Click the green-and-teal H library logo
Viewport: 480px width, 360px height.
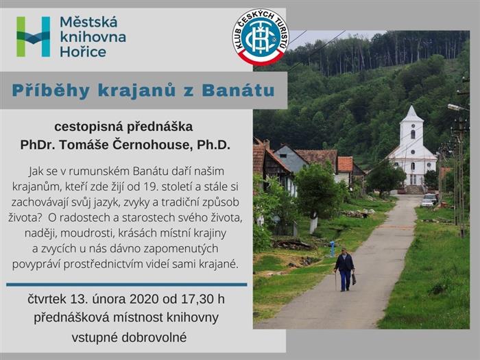click(34, 37)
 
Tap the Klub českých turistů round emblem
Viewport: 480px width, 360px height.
click(261, 37)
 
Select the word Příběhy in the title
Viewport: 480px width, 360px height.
click(51, 91)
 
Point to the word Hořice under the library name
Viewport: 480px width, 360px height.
click(83, 51)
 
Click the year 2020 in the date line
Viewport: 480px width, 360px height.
click(144, 299)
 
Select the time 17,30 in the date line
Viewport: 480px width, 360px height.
click(197, 299)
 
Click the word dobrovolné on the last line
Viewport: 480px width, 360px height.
click(154, 337)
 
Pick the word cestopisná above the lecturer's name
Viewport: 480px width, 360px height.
click(88, 127)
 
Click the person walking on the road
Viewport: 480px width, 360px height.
click(345, 269)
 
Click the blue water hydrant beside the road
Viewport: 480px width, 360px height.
click(332, 249)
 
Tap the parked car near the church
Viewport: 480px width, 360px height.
click(429, 202)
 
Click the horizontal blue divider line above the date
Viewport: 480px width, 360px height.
click(126, 285)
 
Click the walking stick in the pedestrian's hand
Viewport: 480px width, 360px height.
click(336, 280)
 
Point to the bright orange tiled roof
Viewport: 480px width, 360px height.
click(346, 164)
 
